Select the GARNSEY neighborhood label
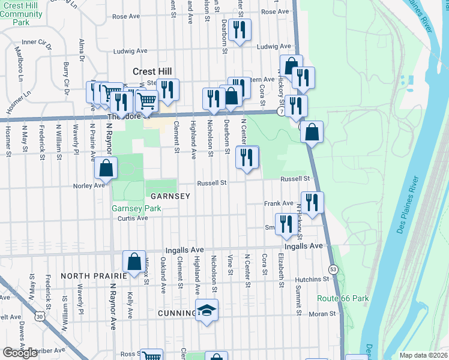point(170,196)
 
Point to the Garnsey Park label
point(128,209)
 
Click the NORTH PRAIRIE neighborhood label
point(94,276)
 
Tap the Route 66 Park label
point(343,298)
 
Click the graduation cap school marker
point(207,311)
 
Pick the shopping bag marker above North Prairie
point(134,261)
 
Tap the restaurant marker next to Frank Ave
point(312,202)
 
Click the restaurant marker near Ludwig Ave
point(240,30)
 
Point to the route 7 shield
point(281,112)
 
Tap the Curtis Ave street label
point(134,218)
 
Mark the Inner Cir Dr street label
point(37,43)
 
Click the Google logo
point(20,352)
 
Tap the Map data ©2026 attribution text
point(423,355)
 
